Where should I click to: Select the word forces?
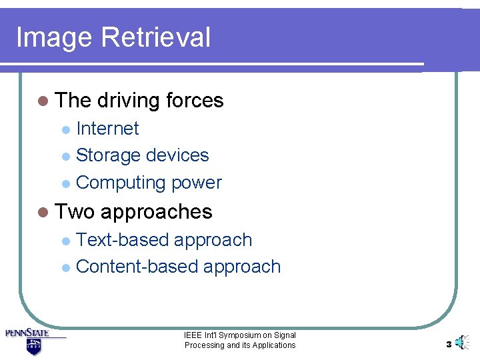(x=195, y=101)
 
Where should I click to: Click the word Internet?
(x=107, y=128)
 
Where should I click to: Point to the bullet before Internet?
(x=65, y=129)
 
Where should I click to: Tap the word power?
(x=197, y=183)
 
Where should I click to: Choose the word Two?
(x=75, y=212)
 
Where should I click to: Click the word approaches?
(x=157, y=213)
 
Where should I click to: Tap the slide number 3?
(x=449, y=345)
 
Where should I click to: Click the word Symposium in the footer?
(x=237, y=335)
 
